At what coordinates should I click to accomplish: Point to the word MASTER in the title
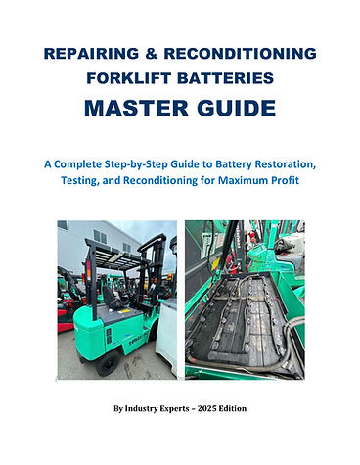coord(137,108)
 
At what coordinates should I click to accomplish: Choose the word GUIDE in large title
coord(237,108)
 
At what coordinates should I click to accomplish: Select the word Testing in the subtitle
coord(80,180)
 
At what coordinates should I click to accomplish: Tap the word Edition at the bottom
coord(233,408)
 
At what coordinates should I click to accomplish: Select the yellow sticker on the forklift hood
coord(124,311)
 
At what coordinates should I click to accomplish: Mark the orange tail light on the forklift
coord(88,271)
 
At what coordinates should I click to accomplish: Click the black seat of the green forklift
coord(112,297)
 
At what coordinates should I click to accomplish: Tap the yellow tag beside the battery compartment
coord(215,263)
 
